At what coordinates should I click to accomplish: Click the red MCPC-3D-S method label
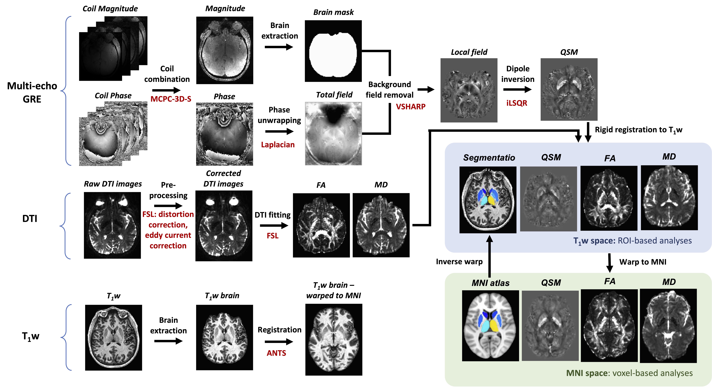[171, 99]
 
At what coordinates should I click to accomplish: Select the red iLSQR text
[517, 103]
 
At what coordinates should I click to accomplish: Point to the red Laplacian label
[278, 145]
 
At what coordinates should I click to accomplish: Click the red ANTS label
[276, 353]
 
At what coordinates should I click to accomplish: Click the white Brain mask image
[333, 51]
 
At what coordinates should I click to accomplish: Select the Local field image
[469, 90]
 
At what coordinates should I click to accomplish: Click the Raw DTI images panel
[112, 225]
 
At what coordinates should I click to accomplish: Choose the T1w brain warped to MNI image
[334, 339]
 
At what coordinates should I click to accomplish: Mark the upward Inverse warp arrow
[489, 256]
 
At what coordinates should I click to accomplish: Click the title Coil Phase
[113, 96]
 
